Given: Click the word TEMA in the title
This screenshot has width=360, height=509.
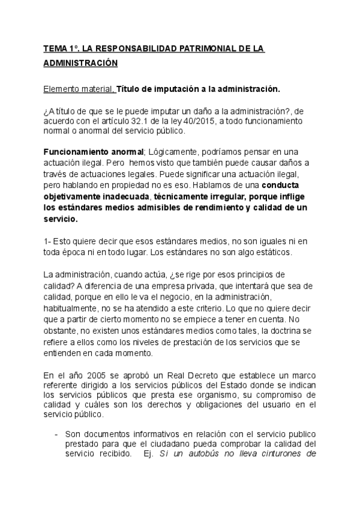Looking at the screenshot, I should (56, 48).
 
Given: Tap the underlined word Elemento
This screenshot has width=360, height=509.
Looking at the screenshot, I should (61, 89).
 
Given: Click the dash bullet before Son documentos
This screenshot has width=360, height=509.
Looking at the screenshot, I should (56, 433).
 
